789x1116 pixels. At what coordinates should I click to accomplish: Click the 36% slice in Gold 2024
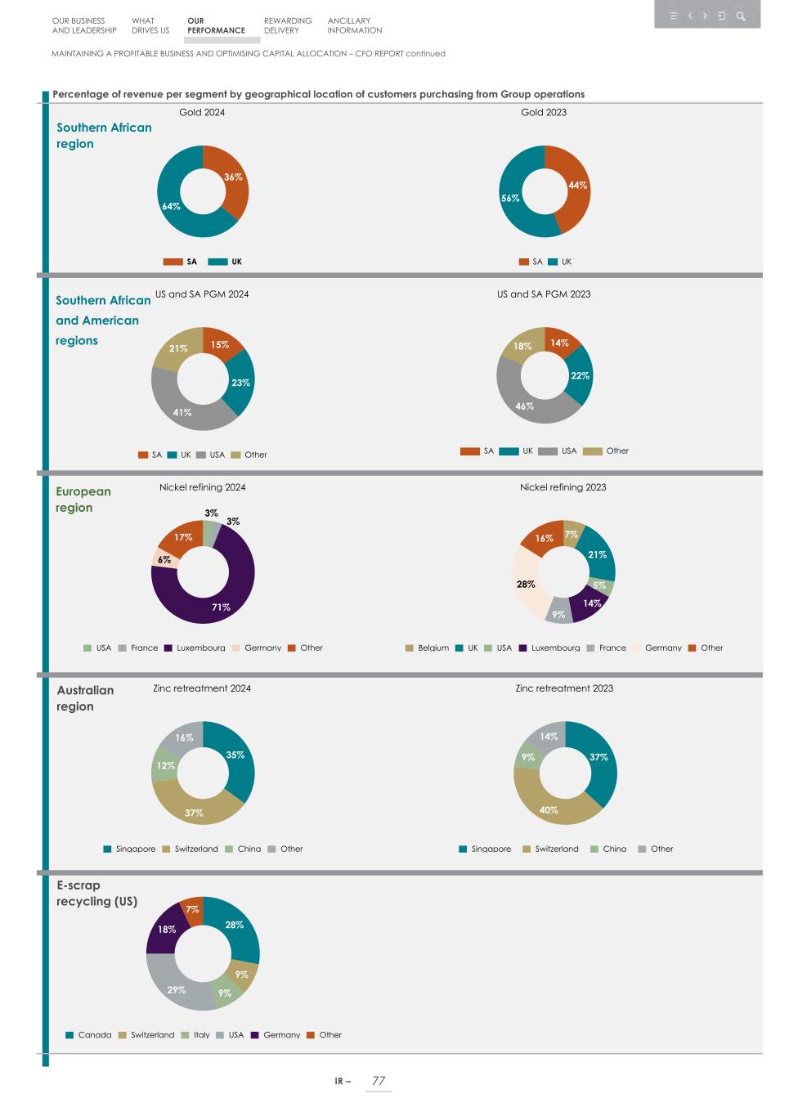(235, 177)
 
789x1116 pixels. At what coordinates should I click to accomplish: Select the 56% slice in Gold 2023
(510, 199)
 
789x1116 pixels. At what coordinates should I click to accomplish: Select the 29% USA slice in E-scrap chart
(177, 989)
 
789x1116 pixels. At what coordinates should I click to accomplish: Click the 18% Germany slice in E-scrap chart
(167, 930)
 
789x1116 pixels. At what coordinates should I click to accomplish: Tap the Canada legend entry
(88, 1035)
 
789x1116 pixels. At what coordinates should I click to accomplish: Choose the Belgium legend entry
(427, 648)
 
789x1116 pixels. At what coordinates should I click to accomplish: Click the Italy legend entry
(195, 1035)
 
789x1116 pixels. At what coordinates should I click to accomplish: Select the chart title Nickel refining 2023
(563, 487)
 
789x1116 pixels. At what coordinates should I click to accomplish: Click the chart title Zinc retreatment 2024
(202, 688)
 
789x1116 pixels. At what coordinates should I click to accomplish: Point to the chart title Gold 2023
(544, 112)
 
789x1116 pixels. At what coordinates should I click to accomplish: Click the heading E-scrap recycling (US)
(96, 893)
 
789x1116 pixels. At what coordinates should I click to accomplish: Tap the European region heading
(83, 500)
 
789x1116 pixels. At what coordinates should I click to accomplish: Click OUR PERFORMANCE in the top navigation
(216, 25)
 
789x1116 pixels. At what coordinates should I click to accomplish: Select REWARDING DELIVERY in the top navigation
(288, 25)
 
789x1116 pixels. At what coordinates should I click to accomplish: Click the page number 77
(379, 1081)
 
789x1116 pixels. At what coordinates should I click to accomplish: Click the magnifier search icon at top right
(741, 16)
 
